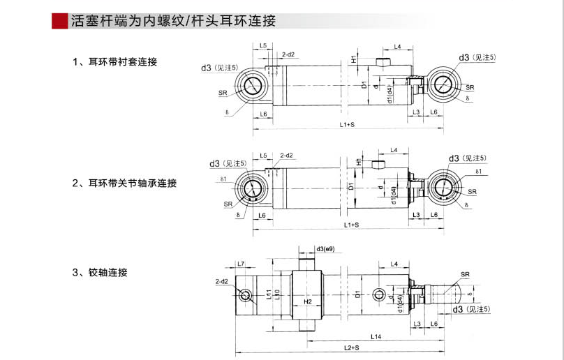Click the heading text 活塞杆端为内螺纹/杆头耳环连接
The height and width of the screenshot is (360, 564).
(x=173, y=21)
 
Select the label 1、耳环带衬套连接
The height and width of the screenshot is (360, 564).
(x=115, y=62)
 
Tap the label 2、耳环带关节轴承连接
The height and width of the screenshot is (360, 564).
(x=125, y=183)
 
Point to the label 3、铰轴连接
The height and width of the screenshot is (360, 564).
(x=100, y=273)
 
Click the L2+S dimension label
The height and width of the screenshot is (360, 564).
(x=351, y=347)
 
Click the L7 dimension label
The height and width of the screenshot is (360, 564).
(x=240, y=264)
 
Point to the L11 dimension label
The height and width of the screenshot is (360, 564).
(x=269, y=294)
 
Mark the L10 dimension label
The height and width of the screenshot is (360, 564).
(x=277, y=294)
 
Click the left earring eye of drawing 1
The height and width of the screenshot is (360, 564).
(x=253, y=87)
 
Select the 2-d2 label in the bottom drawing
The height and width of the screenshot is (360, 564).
(x=222, y=281)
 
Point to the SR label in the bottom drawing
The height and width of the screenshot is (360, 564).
(x=466, y=275)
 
